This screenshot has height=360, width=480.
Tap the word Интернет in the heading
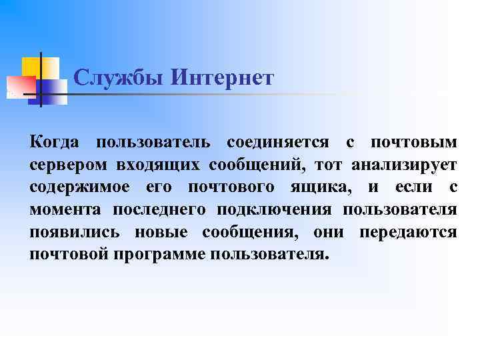click(x=223, y=78)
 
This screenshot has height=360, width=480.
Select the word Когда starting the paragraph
click(x=55, y=143)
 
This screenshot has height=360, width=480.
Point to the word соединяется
click(x=278, y=143)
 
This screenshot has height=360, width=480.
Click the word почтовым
click(x=413, y=143)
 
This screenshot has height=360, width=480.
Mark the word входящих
click(x=159, y=165)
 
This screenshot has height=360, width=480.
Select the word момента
click(x=65, y=211)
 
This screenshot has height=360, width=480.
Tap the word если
click(x=405, y=188)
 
